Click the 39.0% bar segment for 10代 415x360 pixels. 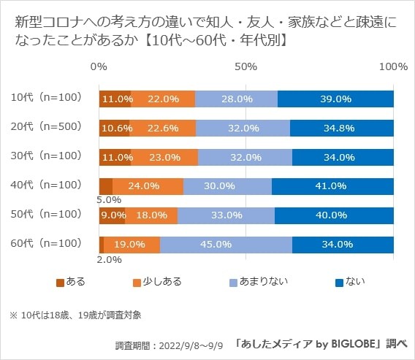(x=335, y=99)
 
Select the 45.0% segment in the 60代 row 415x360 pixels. (x=226, y=245)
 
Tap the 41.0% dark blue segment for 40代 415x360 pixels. (x=332, y=186)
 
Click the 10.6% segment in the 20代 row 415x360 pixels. (x=114, y=128)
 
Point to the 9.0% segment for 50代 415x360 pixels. (x=112, y=215)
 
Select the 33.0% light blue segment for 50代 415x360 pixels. (x=226, y=215)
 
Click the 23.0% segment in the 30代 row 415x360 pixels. (x=164, y=157)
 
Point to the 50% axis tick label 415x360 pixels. (x=246, y=66)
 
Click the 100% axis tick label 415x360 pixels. (x=394, y=66)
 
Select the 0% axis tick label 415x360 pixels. (x=99, y=66)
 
